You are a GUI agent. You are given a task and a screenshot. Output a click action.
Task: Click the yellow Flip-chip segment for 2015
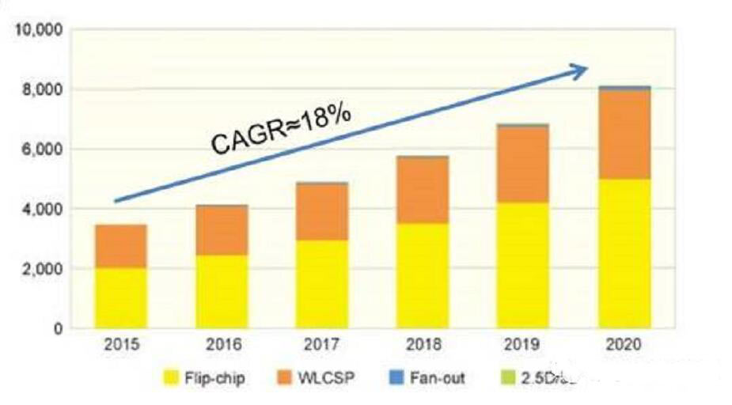[120, 297]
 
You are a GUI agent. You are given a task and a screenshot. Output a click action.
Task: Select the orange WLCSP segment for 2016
[222, 230]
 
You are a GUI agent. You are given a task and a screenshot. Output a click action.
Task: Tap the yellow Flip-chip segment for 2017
[322, 283]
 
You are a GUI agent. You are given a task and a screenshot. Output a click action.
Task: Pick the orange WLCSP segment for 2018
[423, 190]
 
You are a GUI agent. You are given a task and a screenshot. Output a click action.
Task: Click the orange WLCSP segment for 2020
[624, 134]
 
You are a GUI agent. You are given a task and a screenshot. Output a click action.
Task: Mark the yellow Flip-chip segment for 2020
[624, 253]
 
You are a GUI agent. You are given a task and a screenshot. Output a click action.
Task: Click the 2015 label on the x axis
[120, 345]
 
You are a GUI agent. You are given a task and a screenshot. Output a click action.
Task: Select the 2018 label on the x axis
[423, 345]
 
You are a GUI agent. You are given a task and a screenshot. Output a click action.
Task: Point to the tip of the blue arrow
[587, 69]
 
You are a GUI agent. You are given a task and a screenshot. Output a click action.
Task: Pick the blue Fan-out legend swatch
[397, 377]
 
